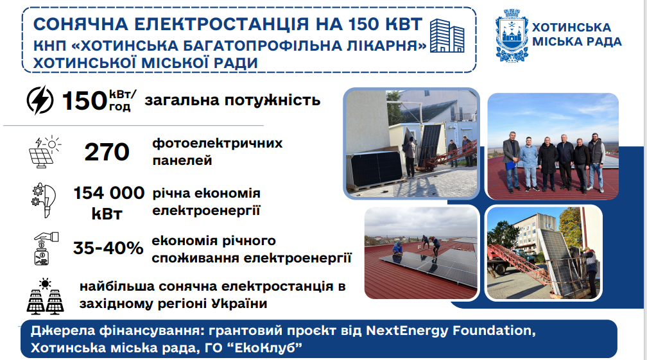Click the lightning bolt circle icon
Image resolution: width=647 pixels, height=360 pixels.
[40, 100]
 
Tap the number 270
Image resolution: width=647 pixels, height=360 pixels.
[107, 151]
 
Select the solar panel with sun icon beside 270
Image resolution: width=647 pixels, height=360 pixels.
[45, 152]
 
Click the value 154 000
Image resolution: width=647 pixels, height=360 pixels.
[109, 193]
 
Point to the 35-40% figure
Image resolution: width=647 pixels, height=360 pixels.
[108, 248]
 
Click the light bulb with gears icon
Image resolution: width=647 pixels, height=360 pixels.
[44, 200]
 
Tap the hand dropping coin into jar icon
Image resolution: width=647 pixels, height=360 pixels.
[46, 248]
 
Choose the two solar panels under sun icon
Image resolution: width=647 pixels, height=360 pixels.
[46, 296]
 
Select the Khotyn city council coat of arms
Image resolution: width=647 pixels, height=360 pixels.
[511, 35]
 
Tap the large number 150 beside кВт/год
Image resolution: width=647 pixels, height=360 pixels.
[85, 101]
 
